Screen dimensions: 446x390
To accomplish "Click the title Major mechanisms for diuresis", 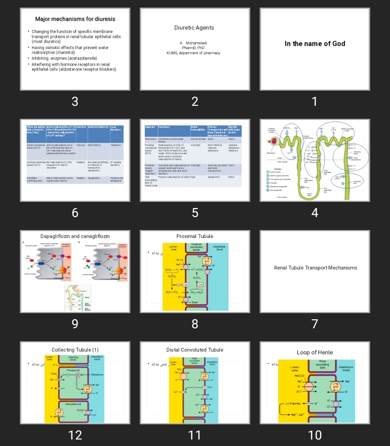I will (x=75, y=19).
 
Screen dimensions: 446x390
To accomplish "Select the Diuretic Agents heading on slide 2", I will (x=194, y=28).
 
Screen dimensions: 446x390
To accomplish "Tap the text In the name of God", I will (x=315, y=44).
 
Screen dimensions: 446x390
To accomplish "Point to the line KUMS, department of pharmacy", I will (x=193, y=53).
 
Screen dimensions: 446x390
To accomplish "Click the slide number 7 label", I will (x=315, y=324).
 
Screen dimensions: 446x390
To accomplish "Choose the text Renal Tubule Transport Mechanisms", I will (x=316, y=268).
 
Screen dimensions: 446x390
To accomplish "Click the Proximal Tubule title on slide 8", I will (x=195, y=236).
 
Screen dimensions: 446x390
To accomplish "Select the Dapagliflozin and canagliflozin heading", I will (x=75, y=236).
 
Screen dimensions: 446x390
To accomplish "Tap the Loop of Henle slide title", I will (x=315, y=352).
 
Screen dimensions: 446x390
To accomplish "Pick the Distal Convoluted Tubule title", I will (x=195, y=350).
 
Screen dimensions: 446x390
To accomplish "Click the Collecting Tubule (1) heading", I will (x=75, y=350).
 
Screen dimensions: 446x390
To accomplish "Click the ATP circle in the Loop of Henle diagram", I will (x=336, y=387).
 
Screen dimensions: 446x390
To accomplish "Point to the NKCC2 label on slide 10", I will (x=300, y=376).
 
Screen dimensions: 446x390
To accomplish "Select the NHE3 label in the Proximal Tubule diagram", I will (x=179, y=260).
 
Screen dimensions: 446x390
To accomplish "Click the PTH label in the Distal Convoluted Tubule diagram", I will (x=209, y=387).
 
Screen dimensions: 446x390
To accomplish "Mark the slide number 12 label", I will (x=75, y=435).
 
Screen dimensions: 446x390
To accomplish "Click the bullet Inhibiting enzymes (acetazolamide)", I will (x=64, y=59).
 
